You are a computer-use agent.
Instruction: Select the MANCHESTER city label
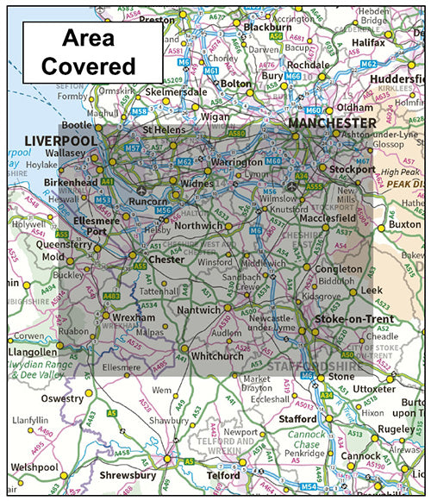pyautogui.click(x=332, y=124)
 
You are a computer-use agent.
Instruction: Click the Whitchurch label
pyautogui.click(x=216, y=355)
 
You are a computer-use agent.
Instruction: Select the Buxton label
pyautogui.click(x=404, y=224)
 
